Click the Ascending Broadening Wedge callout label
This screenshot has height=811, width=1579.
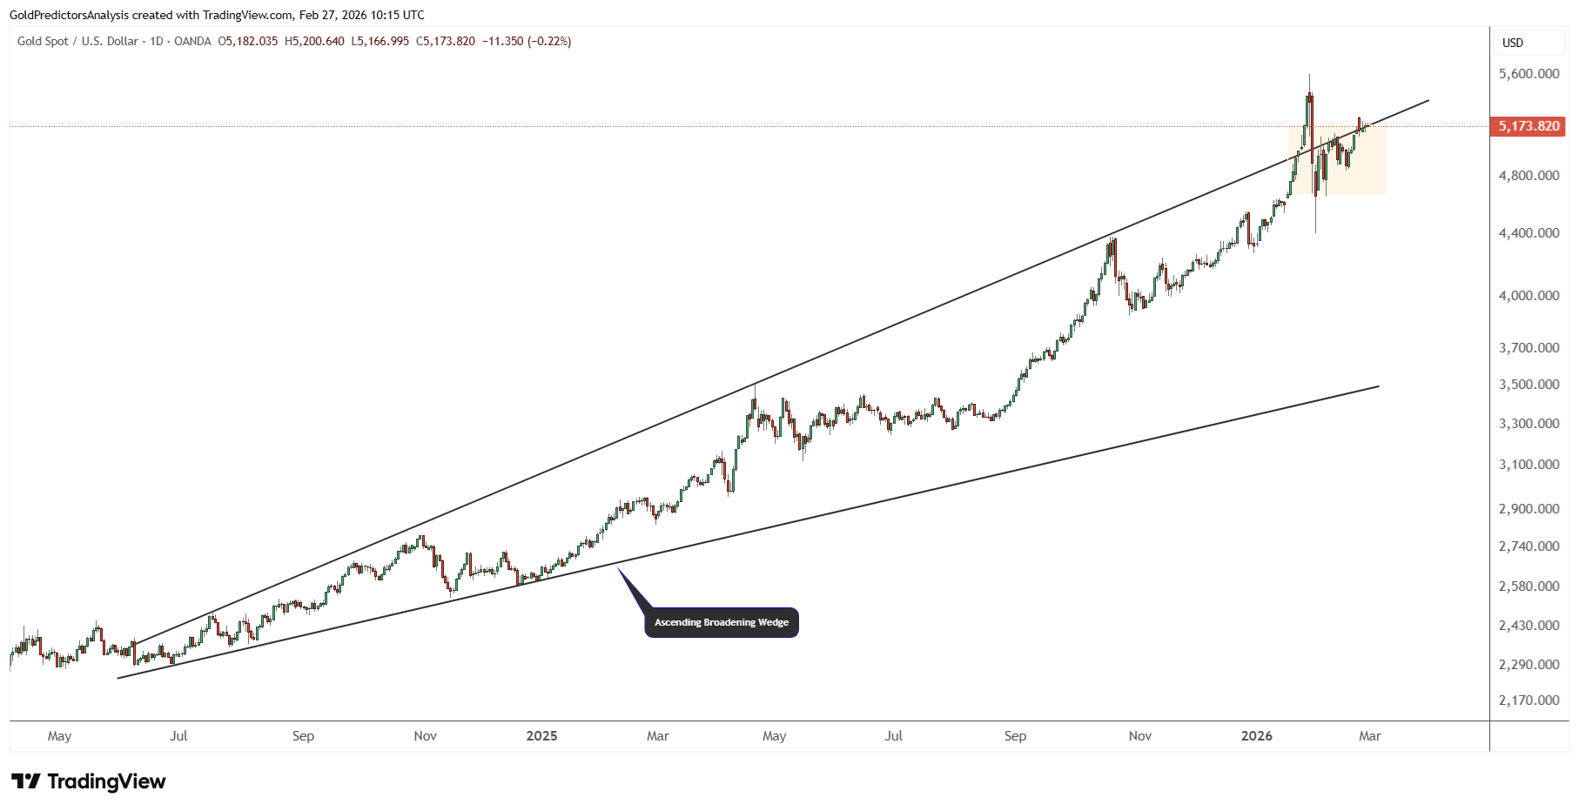point(722,622)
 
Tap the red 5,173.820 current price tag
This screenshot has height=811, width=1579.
point(1529,126)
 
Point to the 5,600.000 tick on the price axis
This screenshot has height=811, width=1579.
point(1529,74)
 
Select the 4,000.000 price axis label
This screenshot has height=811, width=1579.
point(1529,296)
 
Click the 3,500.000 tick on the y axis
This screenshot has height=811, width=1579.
point(1529,385)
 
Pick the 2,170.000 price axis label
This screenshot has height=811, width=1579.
point(1529,700)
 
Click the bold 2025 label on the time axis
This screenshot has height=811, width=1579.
point(541,736)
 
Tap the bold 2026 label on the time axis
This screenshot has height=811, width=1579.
point(1257,736)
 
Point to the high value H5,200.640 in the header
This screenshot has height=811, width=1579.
point(314,41)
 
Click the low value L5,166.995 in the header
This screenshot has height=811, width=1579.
point(380,41)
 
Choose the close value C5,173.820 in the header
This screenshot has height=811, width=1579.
point(446,41)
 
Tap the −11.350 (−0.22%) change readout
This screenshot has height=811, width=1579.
point(527,41)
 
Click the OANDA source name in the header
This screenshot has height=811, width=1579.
point(192,41)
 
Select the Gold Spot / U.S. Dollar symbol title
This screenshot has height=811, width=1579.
point(77,41)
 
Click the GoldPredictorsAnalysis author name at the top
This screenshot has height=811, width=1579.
point(69,15)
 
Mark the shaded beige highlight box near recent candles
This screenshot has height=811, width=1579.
point(1337,160)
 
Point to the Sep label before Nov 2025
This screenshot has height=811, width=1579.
point(1015,736)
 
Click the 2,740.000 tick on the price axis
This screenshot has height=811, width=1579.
point(1529,546)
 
